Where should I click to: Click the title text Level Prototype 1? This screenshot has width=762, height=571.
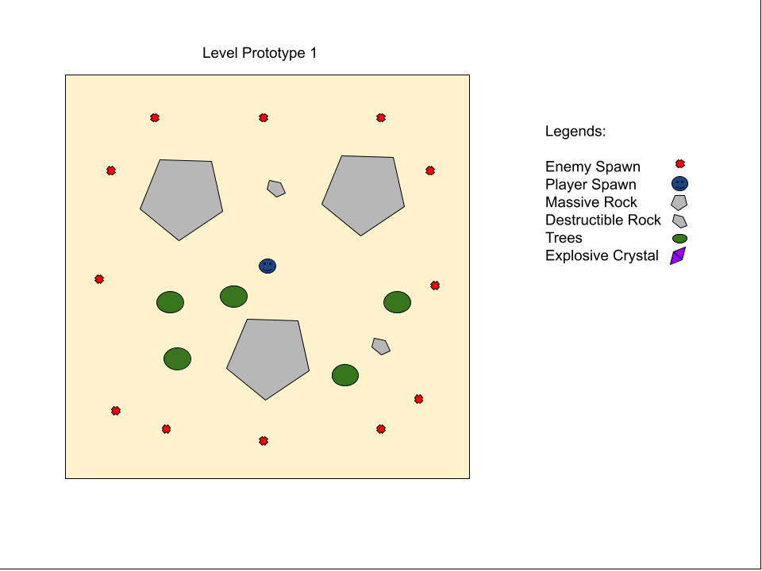260,53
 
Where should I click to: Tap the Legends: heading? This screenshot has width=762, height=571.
575,131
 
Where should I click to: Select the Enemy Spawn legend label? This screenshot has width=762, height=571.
592,167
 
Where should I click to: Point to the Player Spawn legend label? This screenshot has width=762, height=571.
591,185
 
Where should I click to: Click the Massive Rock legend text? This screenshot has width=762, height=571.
591,202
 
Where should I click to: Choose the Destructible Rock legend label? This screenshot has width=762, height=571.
603,220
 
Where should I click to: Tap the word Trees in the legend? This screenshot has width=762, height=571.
564,238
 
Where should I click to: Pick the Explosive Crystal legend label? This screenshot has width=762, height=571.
602,255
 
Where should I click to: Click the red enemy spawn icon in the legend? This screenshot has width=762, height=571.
680,164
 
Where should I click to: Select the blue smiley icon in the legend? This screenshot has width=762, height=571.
679,183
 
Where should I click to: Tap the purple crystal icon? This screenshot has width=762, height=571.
678,256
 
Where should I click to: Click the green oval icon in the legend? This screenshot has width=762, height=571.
679,239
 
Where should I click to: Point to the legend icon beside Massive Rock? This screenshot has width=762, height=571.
679,202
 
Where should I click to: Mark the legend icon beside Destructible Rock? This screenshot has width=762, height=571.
679,221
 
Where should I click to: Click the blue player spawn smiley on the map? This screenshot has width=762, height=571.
267,266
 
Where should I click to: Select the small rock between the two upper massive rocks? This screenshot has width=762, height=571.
276,189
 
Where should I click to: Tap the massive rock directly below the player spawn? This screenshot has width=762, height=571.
267,358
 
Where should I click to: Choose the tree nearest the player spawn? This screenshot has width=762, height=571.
233,297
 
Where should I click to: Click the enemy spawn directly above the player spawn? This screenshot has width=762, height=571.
264,117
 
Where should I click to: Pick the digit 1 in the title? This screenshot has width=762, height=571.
314,53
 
